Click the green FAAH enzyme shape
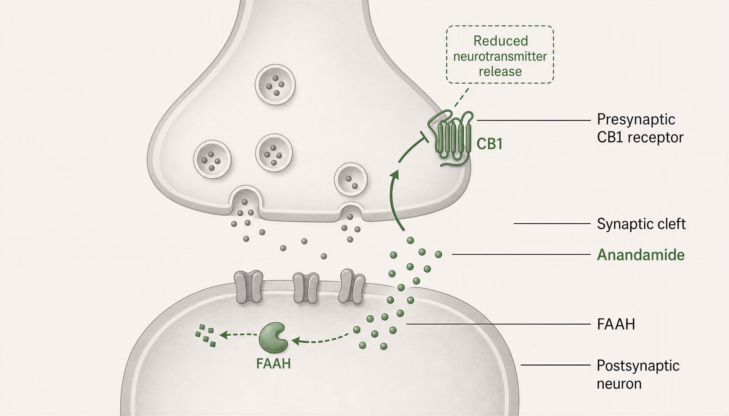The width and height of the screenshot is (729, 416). pos(272,337)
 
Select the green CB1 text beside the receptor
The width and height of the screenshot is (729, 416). pos(490,144)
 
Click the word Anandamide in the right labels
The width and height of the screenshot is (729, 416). pos(641,254)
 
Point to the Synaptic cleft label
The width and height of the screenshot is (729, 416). pos(641,224)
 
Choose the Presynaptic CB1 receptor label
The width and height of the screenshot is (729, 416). pos(640,128)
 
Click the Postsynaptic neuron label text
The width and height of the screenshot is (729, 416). pos(638,374)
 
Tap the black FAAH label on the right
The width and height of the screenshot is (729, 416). pos(616,324)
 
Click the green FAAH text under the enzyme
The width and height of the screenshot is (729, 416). pos(273,364)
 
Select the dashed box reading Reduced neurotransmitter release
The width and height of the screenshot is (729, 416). pos(500,54)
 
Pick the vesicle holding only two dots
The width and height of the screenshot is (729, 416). pos(351,179)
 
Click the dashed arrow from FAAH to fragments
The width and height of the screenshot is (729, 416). pos(238,335)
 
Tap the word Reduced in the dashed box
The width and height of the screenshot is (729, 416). pos(501,41)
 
